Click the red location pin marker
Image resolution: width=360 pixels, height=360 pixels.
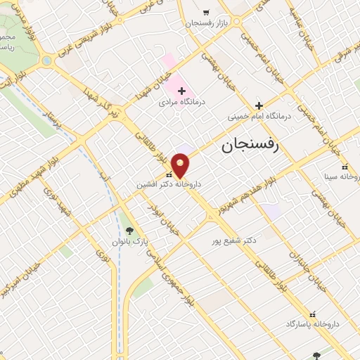(x=181, y=166)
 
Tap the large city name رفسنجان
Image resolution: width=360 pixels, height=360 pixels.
(x=250, y=146)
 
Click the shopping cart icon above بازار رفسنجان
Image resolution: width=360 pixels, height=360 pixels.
(x=205, y=13)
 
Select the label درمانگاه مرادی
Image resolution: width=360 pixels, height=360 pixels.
(x=183, y=103)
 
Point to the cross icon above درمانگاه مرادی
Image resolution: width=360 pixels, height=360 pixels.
(x=181, y=91)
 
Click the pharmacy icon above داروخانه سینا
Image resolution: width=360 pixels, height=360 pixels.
(x=345, y=167)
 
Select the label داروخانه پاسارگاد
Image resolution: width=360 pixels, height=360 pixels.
(x=312, y=324)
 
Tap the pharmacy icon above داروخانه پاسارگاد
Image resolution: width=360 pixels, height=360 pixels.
(x=312, y=314)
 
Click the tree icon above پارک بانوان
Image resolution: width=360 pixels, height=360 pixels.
(x=129, y=230)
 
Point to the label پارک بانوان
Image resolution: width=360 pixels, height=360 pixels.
(x=129, y=241)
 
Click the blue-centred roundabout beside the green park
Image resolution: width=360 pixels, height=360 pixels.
(x=47, y=61)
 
